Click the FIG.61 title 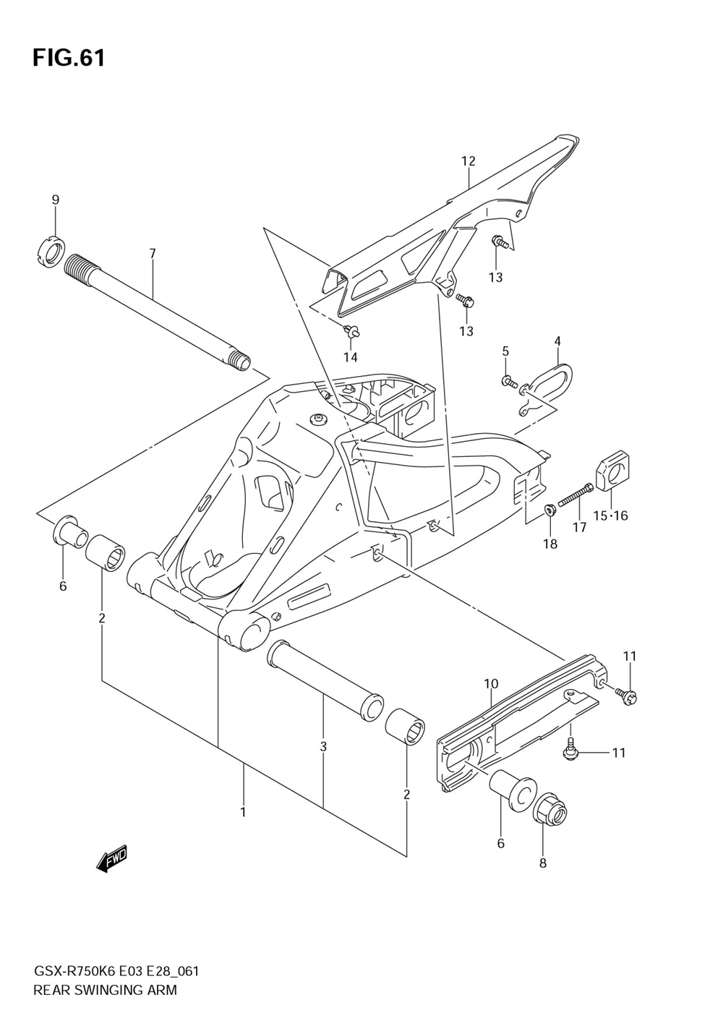[69, 58]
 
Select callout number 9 [56, 200]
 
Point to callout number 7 [153, 254]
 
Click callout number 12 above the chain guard [469, 161]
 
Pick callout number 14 [351, 357]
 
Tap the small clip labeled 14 [353, 332]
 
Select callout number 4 [558, 341]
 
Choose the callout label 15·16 [611, 516]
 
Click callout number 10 [491, 683]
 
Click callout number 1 [243, 812]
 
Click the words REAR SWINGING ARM [105, 990]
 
